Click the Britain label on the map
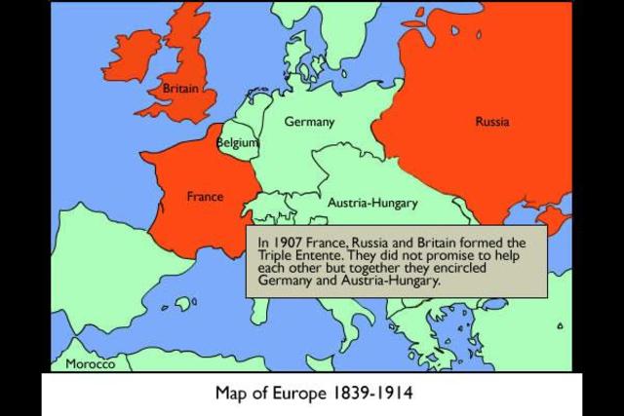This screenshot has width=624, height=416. [180, 89]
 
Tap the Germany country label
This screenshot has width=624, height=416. [309, 122]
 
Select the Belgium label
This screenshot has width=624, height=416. [237, 142]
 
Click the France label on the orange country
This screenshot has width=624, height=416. [205, 197]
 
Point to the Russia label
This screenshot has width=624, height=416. [492, 122]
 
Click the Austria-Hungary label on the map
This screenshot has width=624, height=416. [372, 204]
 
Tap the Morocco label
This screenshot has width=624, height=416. [90, 364]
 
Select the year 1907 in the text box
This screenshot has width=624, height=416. [288, 243]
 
